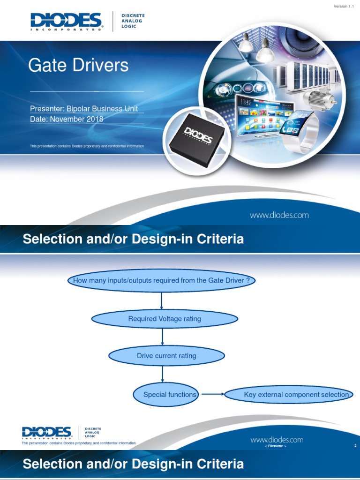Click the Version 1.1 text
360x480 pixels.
coord(344,6)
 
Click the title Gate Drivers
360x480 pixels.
coord(78,65)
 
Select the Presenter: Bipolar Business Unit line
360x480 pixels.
coord(84,109)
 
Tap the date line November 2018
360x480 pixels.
coord(67,119)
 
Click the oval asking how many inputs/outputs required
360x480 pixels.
coord(161,280)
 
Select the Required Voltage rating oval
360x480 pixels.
coord(165,319)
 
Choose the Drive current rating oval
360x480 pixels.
coord(166,356)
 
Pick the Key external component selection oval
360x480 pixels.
coord(289,395)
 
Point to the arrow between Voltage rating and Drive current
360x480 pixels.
coord(163,337)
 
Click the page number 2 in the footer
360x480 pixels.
coord(356,446)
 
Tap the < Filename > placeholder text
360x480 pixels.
coord(275,446)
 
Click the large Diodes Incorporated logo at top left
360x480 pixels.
coord(66,22)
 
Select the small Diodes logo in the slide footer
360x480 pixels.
coord(46,433)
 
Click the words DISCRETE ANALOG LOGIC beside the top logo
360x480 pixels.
coord(133,21)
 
